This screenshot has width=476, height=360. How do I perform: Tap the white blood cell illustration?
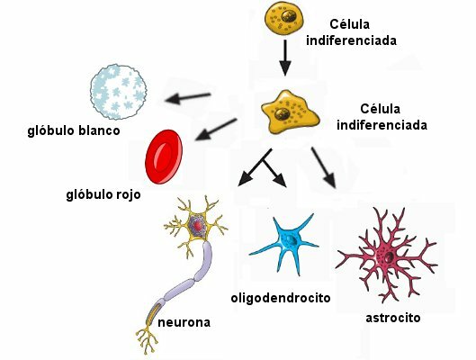coord(118,90)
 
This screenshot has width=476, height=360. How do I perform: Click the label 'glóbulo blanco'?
coord(74,131)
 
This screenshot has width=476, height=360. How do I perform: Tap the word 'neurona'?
coord(185,321)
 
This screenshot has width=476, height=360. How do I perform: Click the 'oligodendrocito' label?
coord(281,297)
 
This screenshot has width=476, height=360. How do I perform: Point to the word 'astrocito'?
coord(393,317)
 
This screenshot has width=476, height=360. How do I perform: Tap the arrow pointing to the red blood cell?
coord(216,130)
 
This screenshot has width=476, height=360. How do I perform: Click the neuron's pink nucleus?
coord(199,224)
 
